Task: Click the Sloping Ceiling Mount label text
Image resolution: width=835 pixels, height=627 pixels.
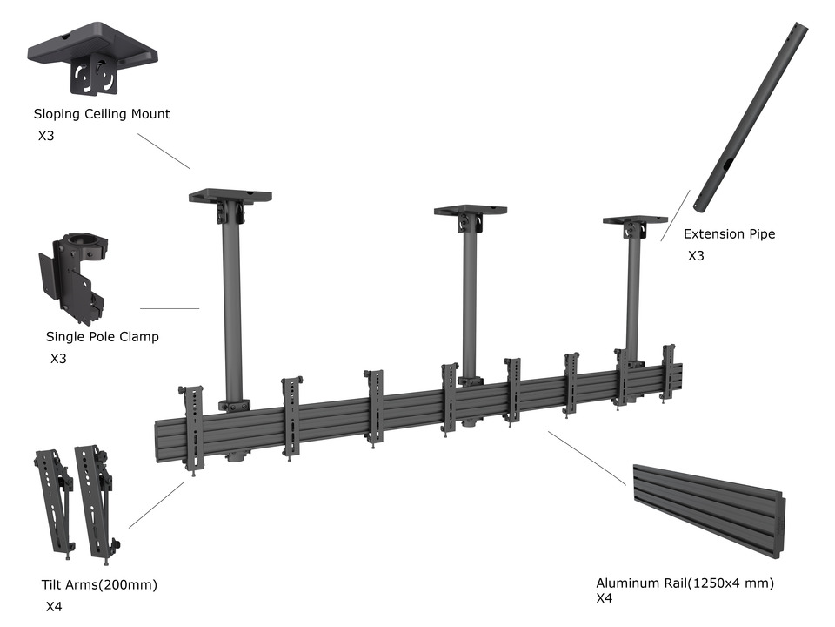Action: point(102,114)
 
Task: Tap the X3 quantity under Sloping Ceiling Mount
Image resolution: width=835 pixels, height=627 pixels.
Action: point(46,136)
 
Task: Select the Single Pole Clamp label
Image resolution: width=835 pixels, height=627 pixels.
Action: point(103,337)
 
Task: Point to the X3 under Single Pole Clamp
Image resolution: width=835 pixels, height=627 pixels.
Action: point(58,358)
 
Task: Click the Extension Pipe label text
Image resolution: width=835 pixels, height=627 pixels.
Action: point(729,234)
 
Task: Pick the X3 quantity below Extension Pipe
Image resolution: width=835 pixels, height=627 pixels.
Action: point(696,256)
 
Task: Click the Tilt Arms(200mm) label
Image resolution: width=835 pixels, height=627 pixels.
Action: point(99,584)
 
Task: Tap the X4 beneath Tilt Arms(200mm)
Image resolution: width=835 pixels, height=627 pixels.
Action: point(54,606)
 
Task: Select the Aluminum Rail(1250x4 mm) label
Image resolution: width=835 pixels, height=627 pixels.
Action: point(685,583)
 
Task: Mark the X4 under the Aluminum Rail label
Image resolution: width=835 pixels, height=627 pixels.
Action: point(605,599)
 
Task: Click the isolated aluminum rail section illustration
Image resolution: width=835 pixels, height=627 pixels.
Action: point(708,510)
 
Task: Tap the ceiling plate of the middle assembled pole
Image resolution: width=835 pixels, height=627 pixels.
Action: point(471,211)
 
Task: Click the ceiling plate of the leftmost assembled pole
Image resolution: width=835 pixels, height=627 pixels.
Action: point(230,196)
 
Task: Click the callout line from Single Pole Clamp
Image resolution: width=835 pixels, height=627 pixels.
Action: point(170,308)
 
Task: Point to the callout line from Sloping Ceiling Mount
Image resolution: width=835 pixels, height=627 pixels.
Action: point(164,151)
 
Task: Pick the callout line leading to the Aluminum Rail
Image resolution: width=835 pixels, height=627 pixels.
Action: point(587,457)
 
